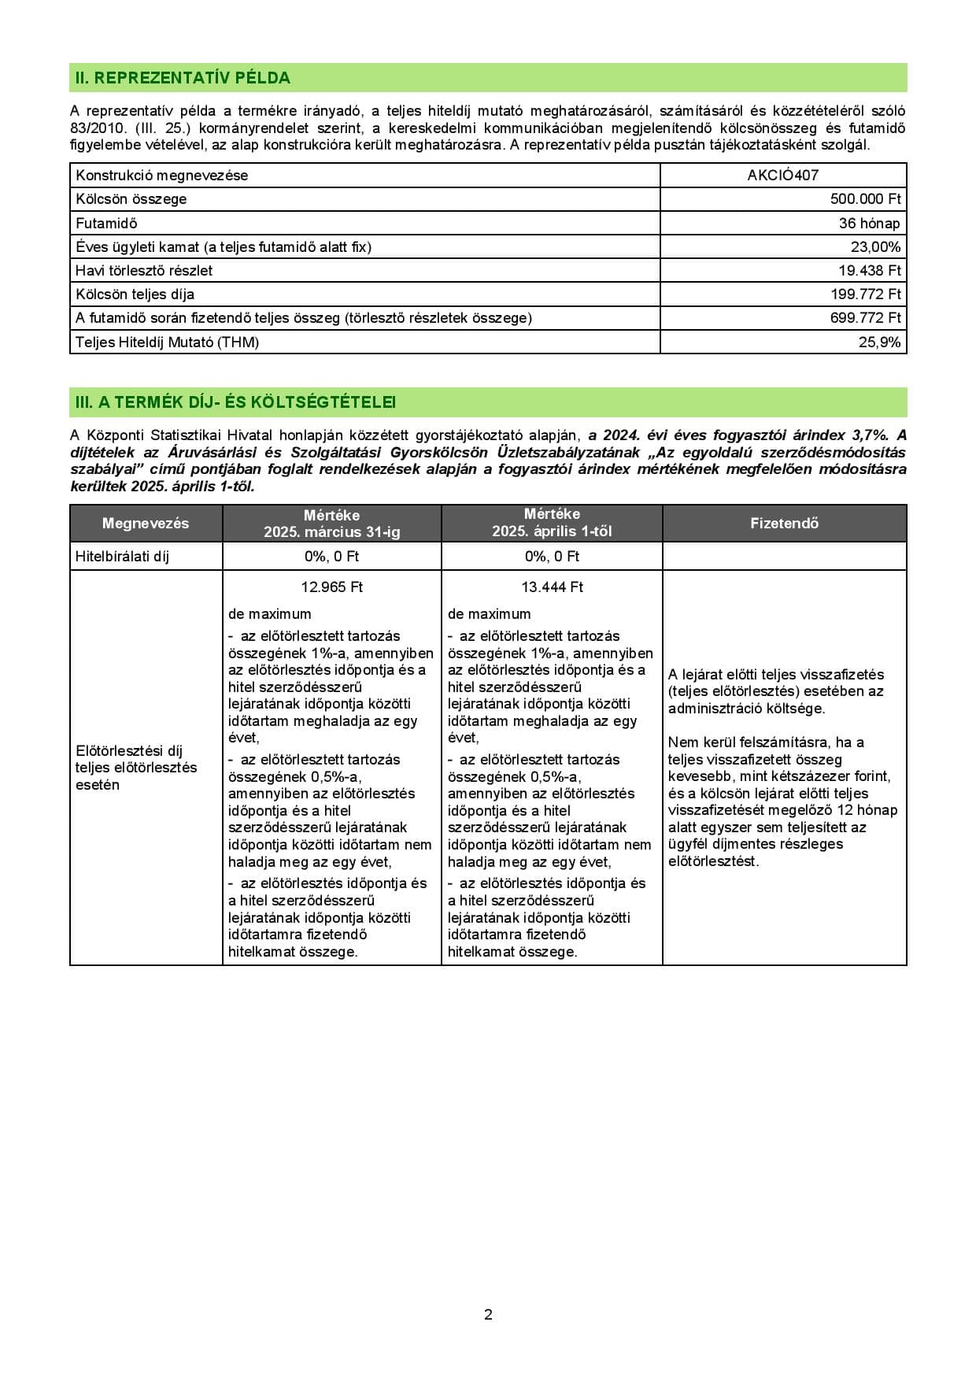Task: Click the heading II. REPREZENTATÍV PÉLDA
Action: [x=183, y=78]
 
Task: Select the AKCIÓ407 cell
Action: [x=782, y=176]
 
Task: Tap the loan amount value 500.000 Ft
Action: [x=865, y=199]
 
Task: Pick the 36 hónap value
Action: [x=869, y=223]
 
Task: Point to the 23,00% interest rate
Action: [x=875, y=246]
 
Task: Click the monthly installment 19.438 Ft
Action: [x=869, y=270]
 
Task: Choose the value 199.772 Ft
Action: [x=865, y=294]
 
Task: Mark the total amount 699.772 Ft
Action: [x=865, y=318]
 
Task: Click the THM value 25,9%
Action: [x=879, y=342]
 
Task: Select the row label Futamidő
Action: [x=106, y=223]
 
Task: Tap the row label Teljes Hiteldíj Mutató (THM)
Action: [x=167, y=342]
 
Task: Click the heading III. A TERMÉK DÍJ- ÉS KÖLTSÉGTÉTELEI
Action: [x=235, y=402]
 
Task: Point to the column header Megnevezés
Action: [x=146, y=524]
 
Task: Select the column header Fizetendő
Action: [x=784, y=524]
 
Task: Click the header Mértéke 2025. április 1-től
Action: [x=552, y=523]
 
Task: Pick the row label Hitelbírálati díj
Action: [x=122, y=557]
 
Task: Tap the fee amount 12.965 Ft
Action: [x=331, y=587]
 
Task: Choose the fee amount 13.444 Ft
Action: [x=552, y=587]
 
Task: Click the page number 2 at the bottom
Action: [x=488, y=1314]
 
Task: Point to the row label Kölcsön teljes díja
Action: [x=135, y=294]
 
